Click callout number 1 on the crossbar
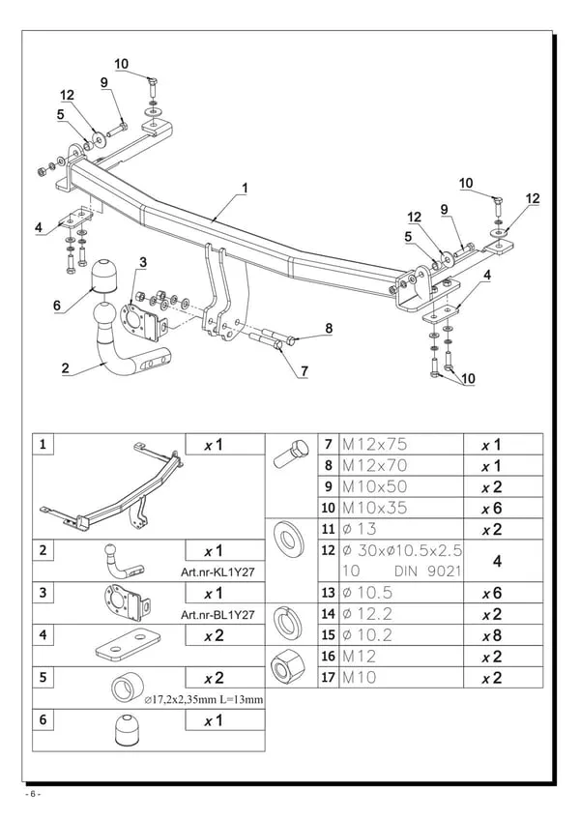point(245,188)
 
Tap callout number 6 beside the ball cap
point(57,306)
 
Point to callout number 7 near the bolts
point(304,371)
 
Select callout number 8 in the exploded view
point(329,329)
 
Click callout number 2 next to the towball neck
point(65,368)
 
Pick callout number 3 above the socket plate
point(143,262)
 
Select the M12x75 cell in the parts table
point(374,445)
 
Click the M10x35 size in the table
point(374,508)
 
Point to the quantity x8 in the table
point(492,635)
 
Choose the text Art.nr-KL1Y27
point(217,572)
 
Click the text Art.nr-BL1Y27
point(217,614)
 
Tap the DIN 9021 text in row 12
point(428,571)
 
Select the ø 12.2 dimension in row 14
point(367,614)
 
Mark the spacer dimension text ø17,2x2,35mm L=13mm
point(204,700)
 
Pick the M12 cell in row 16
point(360,657)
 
